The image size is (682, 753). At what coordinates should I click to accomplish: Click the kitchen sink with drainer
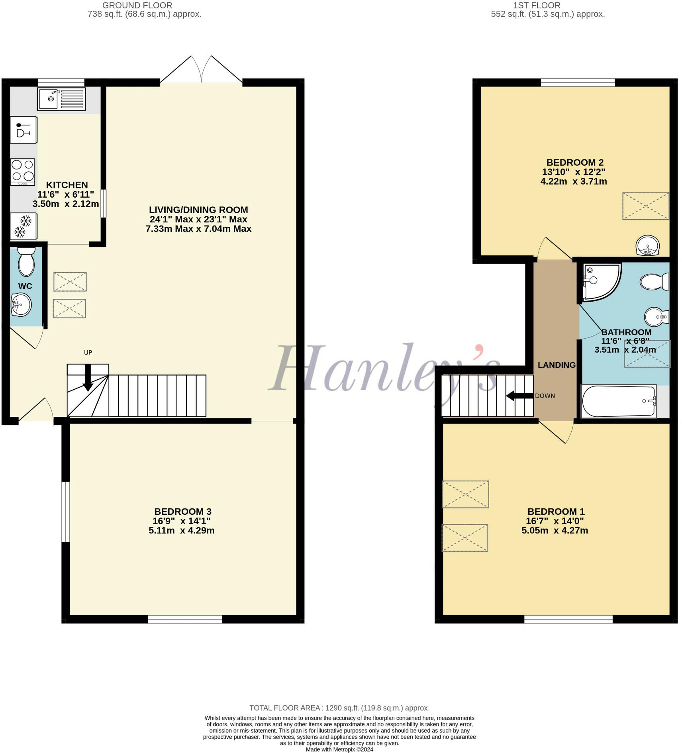click(61, 99)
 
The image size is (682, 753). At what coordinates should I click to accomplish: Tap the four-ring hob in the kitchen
click(23, 172)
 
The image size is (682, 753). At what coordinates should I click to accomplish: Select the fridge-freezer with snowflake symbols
click(23, 226)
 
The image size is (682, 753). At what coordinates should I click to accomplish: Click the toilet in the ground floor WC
click(26, 261)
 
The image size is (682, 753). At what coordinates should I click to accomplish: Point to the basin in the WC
click(21, 305)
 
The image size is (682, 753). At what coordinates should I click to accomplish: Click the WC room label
click(25, 286)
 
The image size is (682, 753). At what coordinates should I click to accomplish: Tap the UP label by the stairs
click(88, 352)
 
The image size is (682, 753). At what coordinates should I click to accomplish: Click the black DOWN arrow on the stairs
click(519, 396)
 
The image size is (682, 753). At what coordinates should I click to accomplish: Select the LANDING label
click(557, 365)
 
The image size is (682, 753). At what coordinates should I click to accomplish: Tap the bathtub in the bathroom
click(619, 401)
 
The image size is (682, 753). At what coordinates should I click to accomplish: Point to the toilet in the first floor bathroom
click(655, 282)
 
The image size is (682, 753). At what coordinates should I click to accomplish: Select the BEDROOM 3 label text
click(183, 512)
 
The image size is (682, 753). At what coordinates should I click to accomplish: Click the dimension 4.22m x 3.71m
click(574, 182)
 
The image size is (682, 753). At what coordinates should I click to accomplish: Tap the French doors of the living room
click(201, 70)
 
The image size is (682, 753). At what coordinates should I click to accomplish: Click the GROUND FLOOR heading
click(137, 6)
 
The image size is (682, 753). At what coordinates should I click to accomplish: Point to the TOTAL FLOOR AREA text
click(339, 708)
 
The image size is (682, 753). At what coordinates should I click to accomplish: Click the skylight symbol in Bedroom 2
click(645, 206)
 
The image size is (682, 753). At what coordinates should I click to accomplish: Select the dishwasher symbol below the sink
click(23, 130)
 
